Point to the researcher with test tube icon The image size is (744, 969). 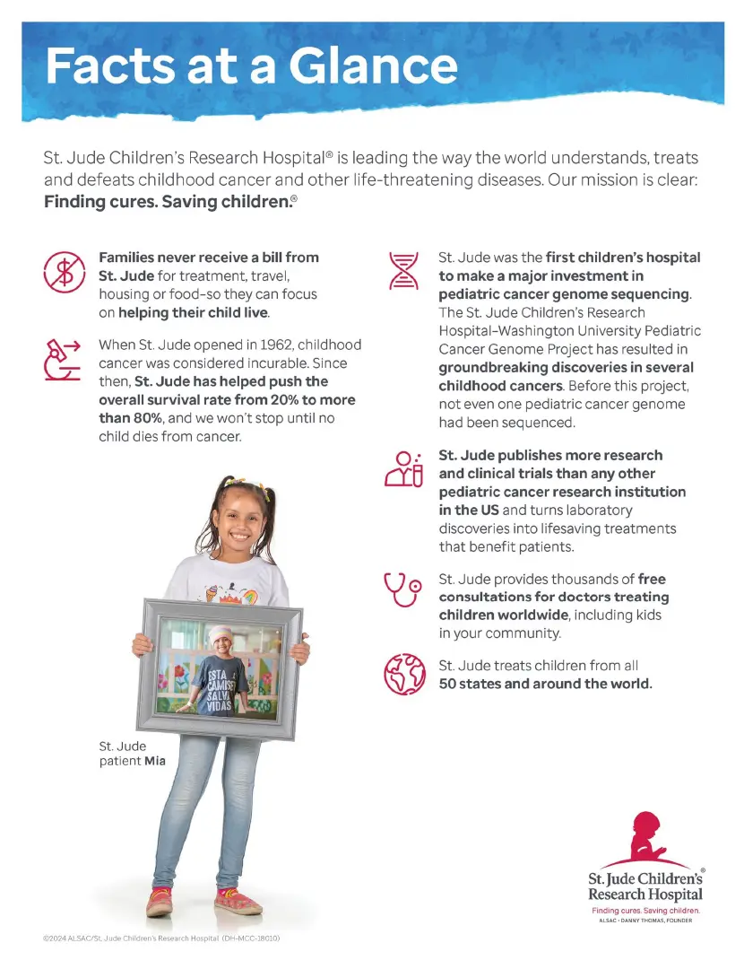[402, 469]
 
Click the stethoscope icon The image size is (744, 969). [402, 589]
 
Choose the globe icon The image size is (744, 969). [402, 674]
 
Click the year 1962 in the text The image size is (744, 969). [273, 345]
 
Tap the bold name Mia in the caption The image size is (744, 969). [155, 762]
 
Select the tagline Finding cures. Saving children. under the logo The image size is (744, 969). [645, 910]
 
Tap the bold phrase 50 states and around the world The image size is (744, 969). [545, 684]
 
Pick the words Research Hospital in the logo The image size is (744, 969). [645, 895]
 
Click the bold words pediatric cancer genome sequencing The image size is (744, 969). [564, 294]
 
